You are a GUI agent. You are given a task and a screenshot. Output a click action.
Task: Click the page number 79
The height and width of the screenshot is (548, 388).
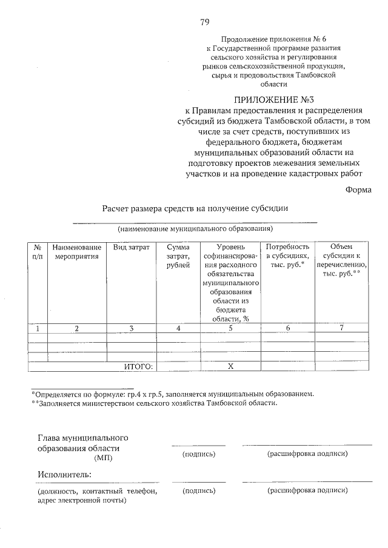[204, 22]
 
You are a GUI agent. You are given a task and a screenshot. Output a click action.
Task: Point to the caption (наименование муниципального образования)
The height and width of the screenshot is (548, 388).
[195, 229]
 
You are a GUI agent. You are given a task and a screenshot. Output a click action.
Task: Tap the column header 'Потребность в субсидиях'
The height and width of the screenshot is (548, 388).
[287, 256]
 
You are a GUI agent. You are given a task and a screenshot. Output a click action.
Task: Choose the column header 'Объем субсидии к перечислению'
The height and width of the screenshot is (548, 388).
[341, 260]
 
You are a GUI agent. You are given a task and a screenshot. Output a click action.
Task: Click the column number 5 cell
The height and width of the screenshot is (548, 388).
[230, 328]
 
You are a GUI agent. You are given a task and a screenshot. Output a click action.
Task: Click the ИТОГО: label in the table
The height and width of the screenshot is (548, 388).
[139, 366]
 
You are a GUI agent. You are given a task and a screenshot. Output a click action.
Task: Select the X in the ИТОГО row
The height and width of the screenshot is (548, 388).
[230, 366]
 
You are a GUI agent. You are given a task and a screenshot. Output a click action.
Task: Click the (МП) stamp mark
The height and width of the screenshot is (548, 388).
[105, 458]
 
